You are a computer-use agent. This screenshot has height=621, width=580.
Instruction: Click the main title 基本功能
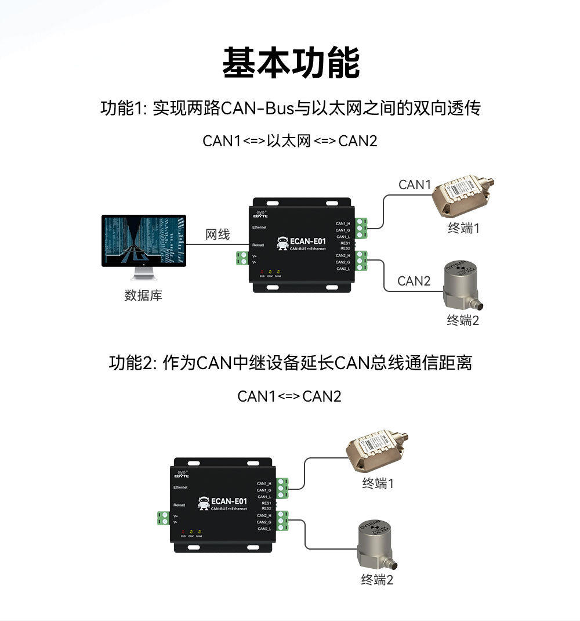coord(291,63)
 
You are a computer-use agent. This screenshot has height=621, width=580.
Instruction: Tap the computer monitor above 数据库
coord(144,240)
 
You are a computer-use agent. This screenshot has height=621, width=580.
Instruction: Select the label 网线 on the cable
coord(218,234)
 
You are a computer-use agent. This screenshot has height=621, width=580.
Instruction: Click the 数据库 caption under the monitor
coord(143,295)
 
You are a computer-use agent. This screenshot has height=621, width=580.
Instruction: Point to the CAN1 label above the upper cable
coord(415,185)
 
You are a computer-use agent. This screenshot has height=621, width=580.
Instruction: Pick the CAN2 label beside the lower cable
coord(414,281)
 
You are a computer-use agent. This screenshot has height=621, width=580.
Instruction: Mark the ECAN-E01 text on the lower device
coord(230,501)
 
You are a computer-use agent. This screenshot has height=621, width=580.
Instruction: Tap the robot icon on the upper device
coord(283,243)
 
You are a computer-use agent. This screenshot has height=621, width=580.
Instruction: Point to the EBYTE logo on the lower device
coord(182,473)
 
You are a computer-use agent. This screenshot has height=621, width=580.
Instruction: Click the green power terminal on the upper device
coord(242,258)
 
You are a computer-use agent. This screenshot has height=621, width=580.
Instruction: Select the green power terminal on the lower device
coord(162,518)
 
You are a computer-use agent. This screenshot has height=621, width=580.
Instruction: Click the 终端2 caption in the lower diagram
coord(377,579)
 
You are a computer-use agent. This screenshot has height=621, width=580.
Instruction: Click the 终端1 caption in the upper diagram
coord(463,228)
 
